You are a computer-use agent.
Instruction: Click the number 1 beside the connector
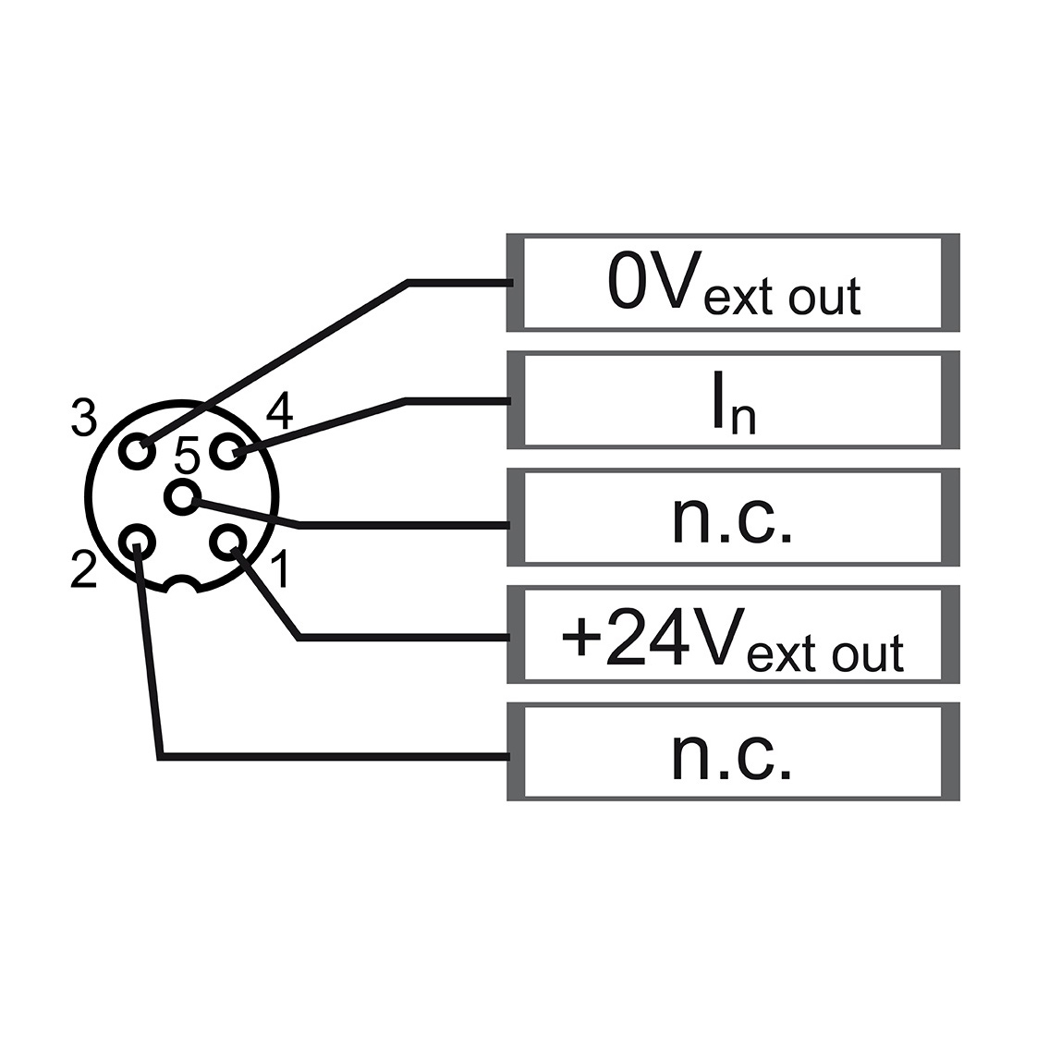tap(280, 568)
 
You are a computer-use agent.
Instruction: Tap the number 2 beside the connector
tap(84, 568)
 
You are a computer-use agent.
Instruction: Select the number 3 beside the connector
tap(84, 417)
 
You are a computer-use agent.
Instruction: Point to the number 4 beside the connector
tap(279, 411)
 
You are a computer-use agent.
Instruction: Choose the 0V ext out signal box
tap(733, 283)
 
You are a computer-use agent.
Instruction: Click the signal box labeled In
tap(733, 400)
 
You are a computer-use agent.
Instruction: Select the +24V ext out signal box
tap(733, 634)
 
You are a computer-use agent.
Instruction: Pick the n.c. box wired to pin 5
tap(733, 518)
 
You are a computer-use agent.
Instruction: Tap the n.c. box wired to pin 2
tap(733, 752)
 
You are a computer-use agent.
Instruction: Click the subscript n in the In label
tap(743, 420)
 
